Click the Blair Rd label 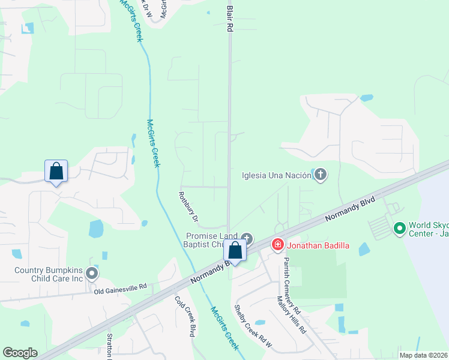pyautogui.click(x=229, y=16)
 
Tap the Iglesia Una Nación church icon pyautogui.click(x=321, y=175)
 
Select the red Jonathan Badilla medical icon pyautogui.click(x=277, y=244)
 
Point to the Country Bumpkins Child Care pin pyautogui.click(x=92, y=274)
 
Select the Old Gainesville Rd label pyautogui.click(x=121, y=289)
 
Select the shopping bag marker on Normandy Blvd pyautogui.click(x=235, y=250)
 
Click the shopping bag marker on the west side pyautogui.click(x=56, y=171)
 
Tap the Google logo pyautogui.click(x=20, y=352)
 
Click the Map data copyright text pyautogui.click(x=424, y=355)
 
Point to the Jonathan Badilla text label pyautogui.click(x=316, y=245)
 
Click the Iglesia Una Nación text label pyautogui.click(x=276, y=175)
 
